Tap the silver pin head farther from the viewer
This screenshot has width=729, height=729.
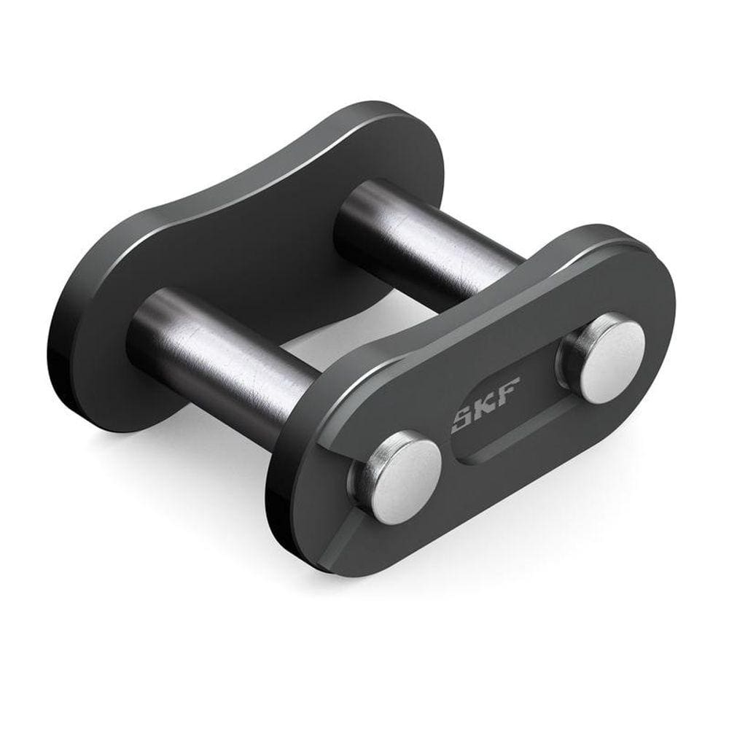[603, 356]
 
